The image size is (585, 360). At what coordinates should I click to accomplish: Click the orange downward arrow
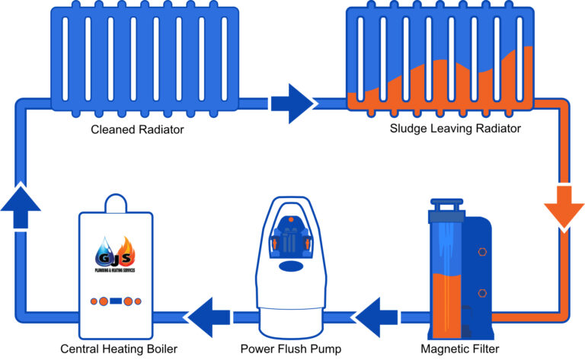(x=564, y=207)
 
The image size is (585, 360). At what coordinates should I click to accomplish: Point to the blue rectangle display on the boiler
(x=117, y=301)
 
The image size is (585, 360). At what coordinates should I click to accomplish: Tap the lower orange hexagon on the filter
(x=482, y=292)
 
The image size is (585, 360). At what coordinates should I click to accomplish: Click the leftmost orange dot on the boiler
(x=93, y=301)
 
